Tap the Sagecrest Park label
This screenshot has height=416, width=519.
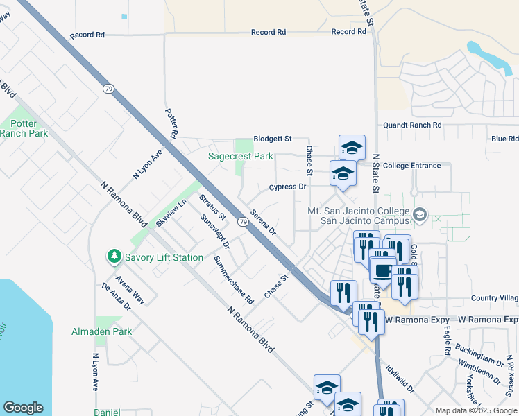click(x=241, y=156)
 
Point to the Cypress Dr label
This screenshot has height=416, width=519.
click(x=288, y=187)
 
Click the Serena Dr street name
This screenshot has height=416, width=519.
click(x=264, y=222)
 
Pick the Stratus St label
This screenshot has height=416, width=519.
click(x=212, y=207)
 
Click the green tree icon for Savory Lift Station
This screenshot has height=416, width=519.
click(x=114, y=257)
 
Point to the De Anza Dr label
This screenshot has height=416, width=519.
click(x=116, y=295)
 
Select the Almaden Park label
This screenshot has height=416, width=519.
click(x=101, y=332)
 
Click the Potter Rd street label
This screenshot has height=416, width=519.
click(x=172, y=122)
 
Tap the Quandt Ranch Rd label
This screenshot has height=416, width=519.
click(x=412, y=125)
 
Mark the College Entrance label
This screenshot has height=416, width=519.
click(x=411, y=166)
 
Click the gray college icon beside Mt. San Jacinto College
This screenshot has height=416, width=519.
click(x=418, y=215)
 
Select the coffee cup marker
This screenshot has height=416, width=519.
click(x=383, y=269)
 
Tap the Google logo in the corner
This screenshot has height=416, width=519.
click(x=23, y=408)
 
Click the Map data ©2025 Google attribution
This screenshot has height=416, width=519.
click(x=475, y=410)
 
